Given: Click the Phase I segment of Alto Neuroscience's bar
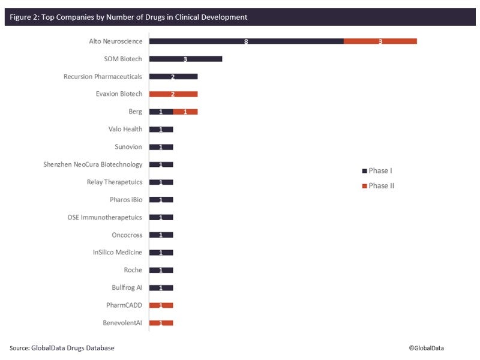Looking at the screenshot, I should coord(246,41).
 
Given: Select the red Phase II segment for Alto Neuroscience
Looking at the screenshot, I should coord(380,41).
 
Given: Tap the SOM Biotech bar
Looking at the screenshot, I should coord(185,59).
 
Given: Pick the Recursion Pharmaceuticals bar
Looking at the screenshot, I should coord(173,77).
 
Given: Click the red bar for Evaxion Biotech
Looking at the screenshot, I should coord(173,94).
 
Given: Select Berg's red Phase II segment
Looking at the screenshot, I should coord(185,112).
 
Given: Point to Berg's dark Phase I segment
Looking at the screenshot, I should coord(161,112).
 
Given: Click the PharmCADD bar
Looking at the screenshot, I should coord(161,305).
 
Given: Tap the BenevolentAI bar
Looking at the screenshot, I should coord(161,323).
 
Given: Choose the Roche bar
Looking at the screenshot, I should coord(161,270).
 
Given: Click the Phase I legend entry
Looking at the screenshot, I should coord(377,170).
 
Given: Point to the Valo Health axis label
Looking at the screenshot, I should coord(125,130).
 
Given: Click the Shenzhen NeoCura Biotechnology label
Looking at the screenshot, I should coord(93,164).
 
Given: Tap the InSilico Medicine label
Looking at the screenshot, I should coord(118,253).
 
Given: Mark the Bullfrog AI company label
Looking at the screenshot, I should coord(127,287).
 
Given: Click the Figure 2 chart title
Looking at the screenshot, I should coord(128,17).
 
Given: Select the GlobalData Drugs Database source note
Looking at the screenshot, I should coord(62,348).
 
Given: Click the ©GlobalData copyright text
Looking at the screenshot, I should coord(427,348).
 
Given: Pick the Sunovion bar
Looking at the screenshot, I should coord(161,147).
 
